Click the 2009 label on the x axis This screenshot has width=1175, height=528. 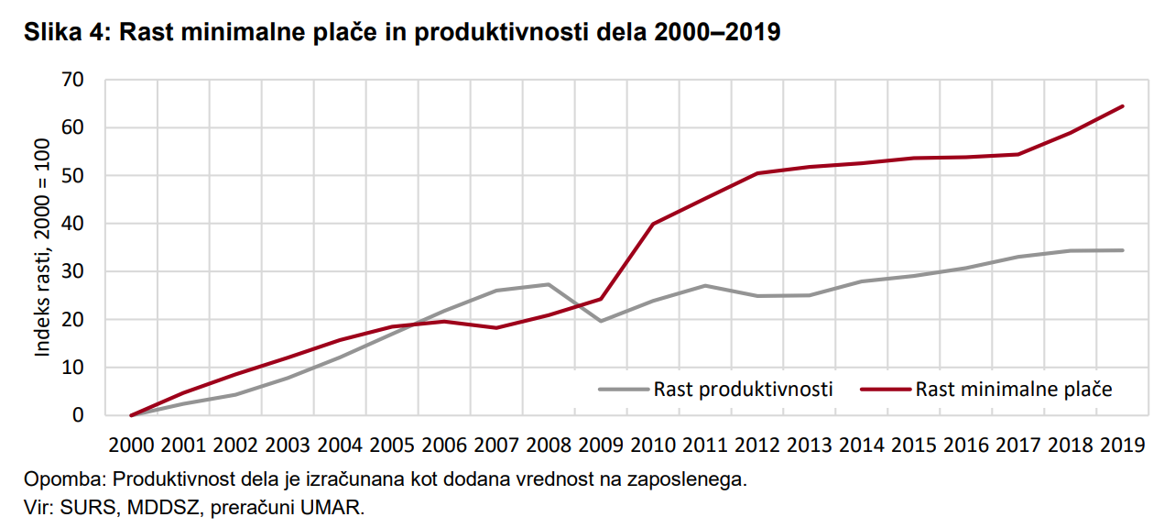click(x=601, y=445)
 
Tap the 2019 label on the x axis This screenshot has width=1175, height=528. click(x=1123, y=445)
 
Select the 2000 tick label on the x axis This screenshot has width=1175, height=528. click(x=131, y=445)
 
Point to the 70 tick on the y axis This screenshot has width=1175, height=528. click(x=72, y=81)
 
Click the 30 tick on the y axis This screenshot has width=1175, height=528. click(x=72, y=272)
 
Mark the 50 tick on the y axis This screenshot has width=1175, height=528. click(x=72, y=176)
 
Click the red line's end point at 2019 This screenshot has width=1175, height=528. click(x=1123, y=106)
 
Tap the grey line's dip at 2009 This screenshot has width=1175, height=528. click(x=601, y=321)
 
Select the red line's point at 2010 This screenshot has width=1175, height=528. click(x=653, y=224)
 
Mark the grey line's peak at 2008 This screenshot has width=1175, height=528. click(x=549, y=284)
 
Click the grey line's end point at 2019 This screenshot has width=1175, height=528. click(x=1123, y=250)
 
